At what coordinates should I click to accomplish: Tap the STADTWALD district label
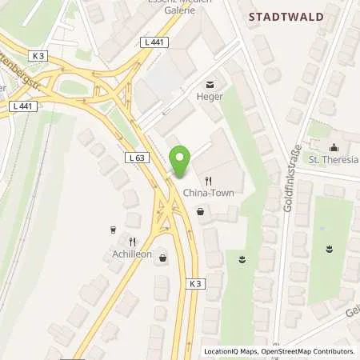286,17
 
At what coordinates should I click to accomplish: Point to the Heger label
210,96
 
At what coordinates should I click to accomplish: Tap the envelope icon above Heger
210,83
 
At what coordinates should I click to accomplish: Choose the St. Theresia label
334,158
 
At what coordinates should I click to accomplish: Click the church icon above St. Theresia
333,146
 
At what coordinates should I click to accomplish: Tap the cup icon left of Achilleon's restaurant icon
113,230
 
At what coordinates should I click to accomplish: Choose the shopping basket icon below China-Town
200,212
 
